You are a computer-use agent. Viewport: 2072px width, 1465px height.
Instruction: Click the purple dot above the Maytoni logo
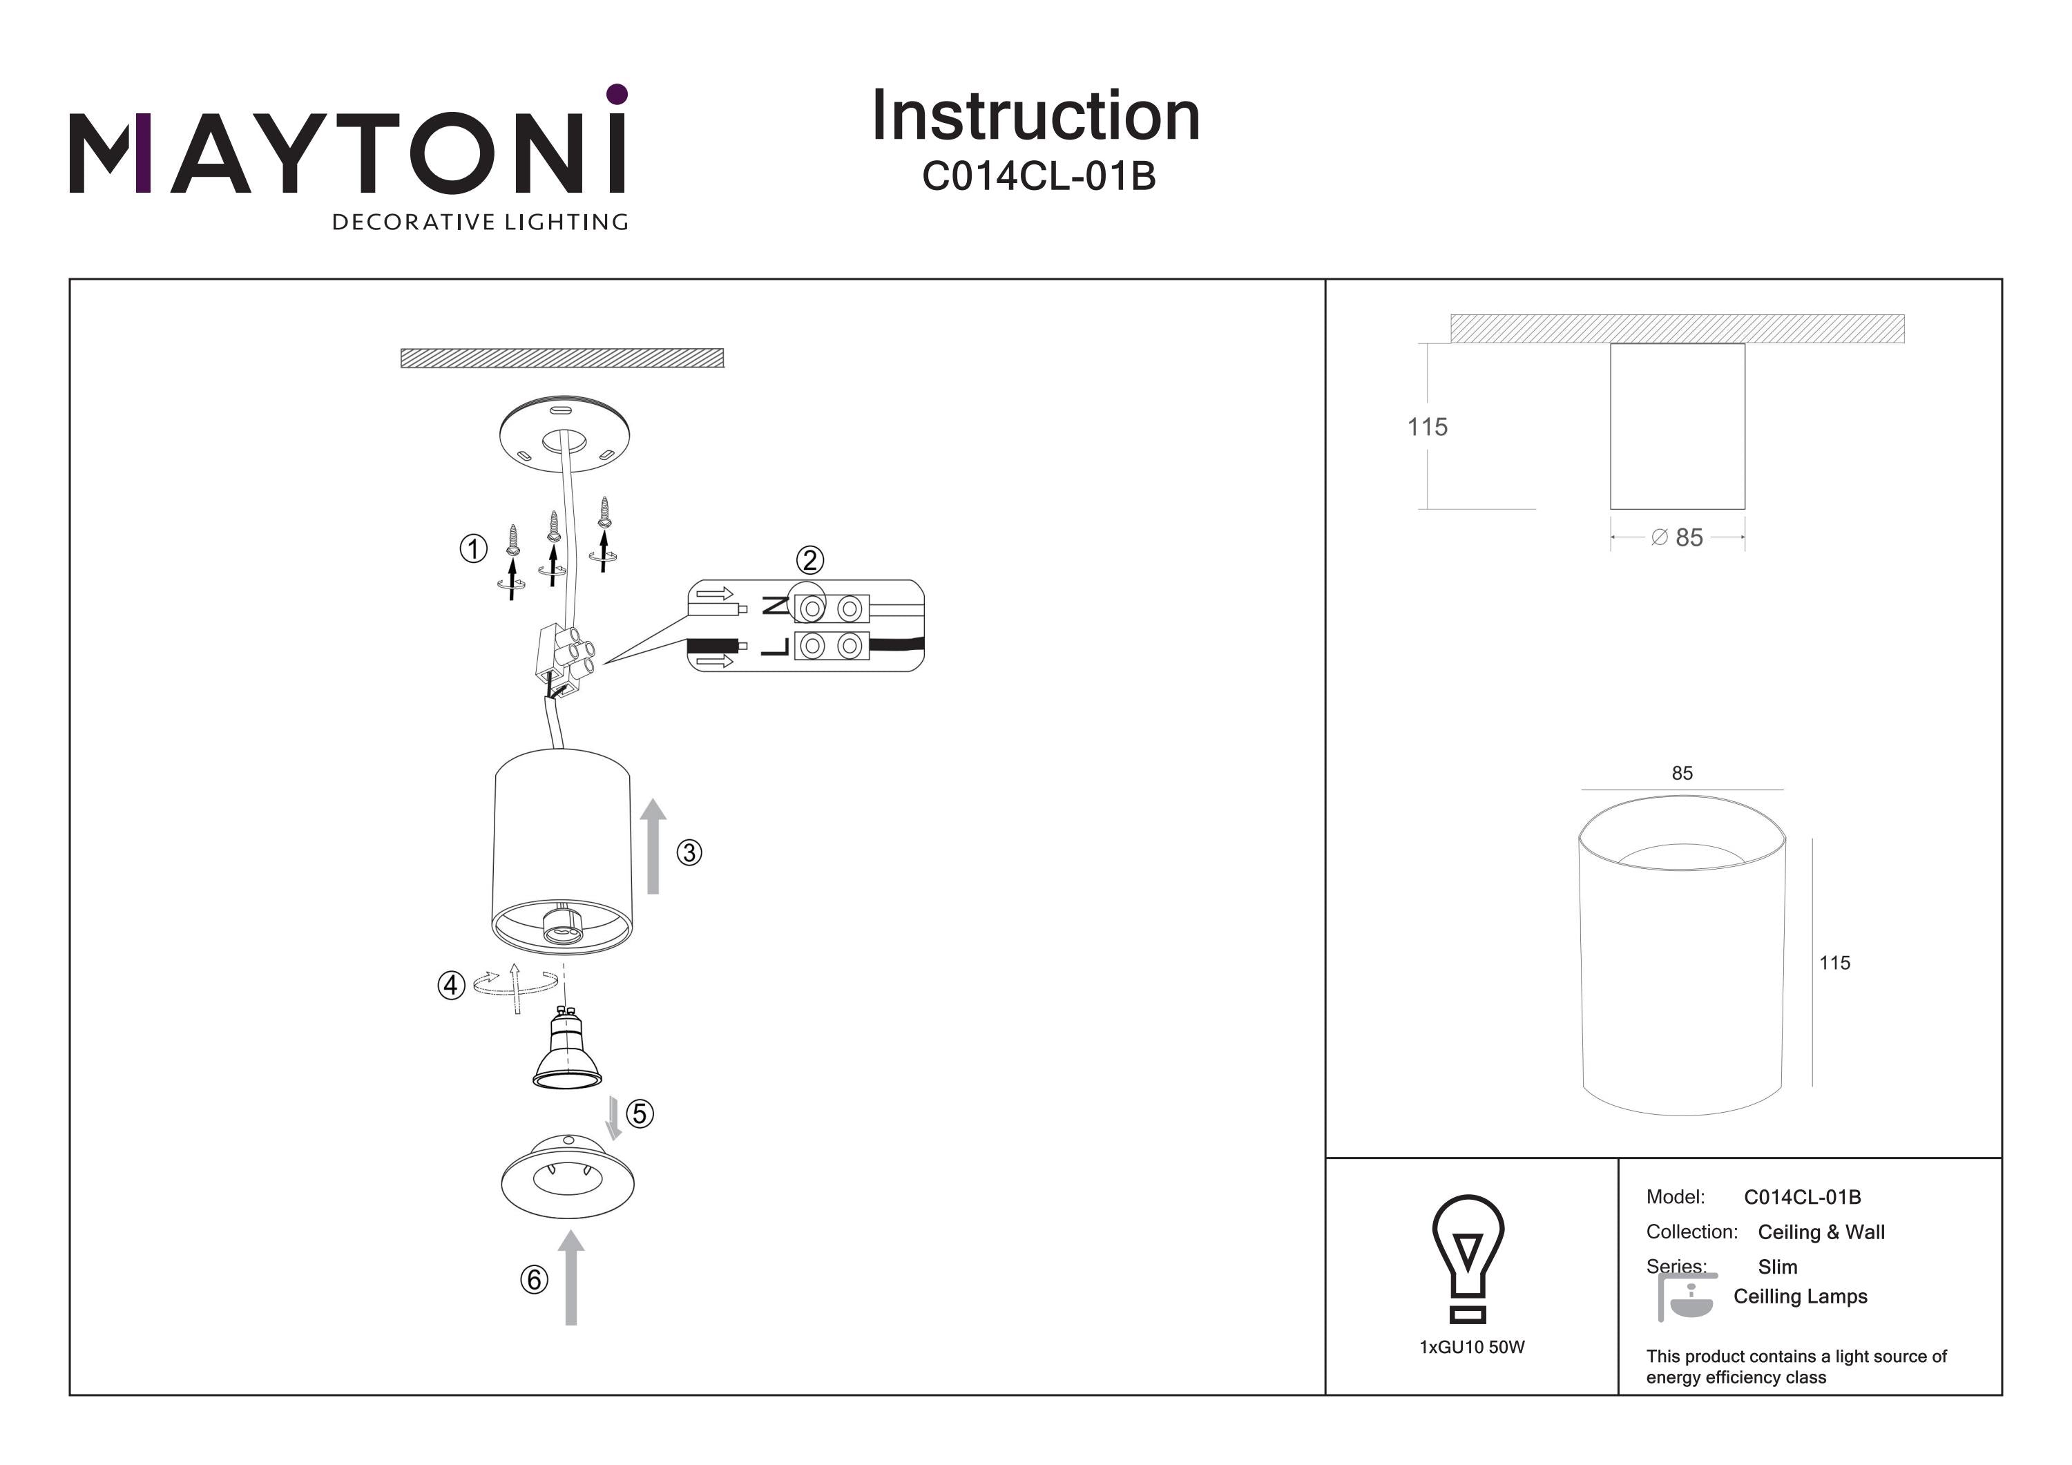tap(617, 94)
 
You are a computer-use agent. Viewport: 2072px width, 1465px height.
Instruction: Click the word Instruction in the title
tap(1035, 117)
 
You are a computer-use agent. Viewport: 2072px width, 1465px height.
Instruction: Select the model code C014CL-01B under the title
tap(1039, 176)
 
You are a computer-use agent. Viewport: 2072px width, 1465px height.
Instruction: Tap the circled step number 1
tap(473, 548)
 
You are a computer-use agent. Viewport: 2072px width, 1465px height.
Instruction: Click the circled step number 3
tap(689, 852)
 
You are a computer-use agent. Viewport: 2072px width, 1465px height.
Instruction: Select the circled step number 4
tap(451, 985)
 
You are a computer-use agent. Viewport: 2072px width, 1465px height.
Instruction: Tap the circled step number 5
tap(640, 1113)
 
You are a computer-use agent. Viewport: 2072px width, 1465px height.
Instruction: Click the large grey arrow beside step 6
tap(570, 1276)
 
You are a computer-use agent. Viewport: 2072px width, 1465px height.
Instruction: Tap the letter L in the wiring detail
tap(775, 647)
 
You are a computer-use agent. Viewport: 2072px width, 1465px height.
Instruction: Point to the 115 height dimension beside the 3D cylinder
tap(1834, 963)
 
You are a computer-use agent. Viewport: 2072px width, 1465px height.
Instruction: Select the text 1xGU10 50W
tap(1472, 1347)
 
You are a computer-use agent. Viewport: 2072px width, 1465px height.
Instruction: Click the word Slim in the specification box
tap(1777, 1266)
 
